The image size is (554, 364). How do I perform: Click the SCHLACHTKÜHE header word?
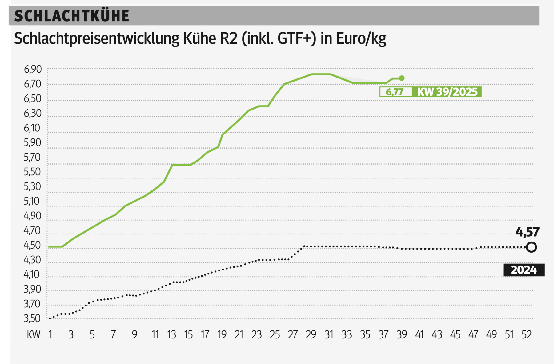tap(72, 16)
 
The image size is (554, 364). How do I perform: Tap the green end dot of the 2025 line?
tap(402, 78)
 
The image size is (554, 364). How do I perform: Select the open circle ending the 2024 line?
tap(531, 247)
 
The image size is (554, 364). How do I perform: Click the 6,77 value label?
tap(395, 92)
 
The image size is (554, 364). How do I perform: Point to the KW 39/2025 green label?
tap(447, 92)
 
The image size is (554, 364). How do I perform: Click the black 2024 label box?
tap(524, 270)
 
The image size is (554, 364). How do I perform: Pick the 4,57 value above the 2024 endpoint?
tap(527, 232)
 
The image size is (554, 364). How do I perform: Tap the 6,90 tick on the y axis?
tap(33, 69)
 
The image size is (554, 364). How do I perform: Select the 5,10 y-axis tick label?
tap(32, 201)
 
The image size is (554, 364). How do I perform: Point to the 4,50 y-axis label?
tap(32, 245)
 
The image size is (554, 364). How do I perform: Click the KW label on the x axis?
tap(34, 334)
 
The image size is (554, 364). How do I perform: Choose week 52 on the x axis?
tap(527, 334)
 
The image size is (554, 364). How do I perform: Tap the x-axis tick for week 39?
tap(402, 334)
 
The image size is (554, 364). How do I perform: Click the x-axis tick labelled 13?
tap(171, 334)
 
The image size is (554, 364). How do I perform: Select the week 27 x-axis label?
tap(293, 334)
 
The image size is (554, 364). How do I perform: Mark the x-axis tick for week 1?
tap(50, 334)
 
